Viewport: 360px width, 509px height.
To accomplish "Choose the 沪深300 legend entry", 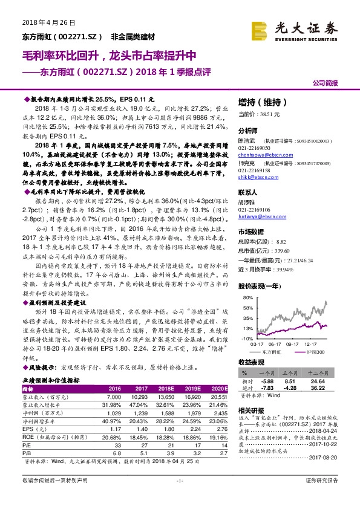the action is coord(313,350).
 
